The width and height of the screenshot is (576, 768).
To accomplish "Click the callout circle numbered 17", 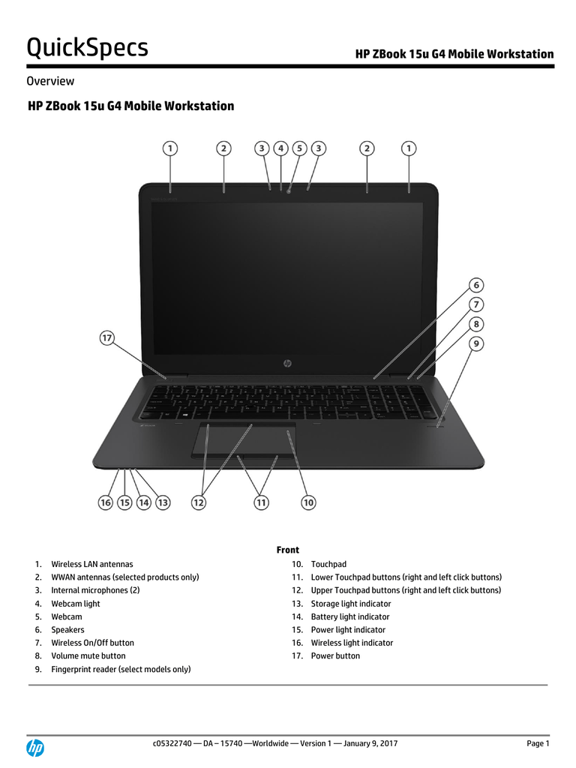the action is (106, 337).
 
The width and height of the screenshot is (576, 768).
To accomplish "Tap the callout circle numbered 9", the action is (476, 343).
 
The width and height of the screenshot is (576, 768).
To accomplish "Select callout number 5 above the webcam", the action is (299, 148).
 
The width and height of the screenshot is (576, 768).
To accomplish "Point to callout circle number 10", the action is (308, 502).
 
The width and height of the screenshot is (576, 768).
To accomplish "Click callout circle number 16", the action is (105, 502).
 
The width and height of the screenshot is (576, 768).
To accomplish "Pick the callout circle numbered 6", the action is (476, 285).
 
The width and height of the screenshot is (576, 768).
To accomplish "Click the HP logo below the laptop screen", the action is (287, 363).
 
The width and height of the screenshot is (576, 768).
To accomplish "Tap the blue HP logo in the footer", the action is (35, 748).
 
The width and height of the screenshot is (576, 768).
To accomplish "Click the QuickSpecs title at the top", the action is (87, 47).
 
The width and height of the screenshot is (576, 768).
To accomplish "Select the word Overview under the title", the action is (50, 81).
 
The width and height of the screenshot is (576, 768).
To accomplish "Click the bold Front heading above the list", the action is (287, 550).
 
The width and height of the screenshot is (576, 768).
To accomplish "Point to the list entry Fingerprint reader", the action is (121, 669).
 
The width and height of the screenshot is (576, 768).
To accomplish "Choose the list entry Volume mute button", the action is (88, 655).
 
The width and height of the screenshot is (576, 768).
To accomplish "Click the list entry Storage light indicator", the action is (351, 604).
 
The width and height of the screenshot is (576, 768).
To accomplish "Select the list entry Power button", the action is (335, 655).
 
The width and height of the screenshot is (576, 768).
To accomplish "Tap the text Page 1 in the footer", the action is (538, 743).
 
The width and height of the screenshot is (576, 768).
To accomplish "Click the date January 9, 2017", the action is (370, 743).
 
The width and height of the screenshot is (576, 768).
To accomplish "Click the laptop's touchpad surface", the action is (244, 437).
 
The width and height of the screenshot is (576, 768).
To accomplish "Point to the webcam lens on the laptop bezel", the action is (289, 190).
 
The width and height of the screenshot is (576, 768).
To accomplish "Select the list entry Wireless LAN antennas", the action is (92, 564).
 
